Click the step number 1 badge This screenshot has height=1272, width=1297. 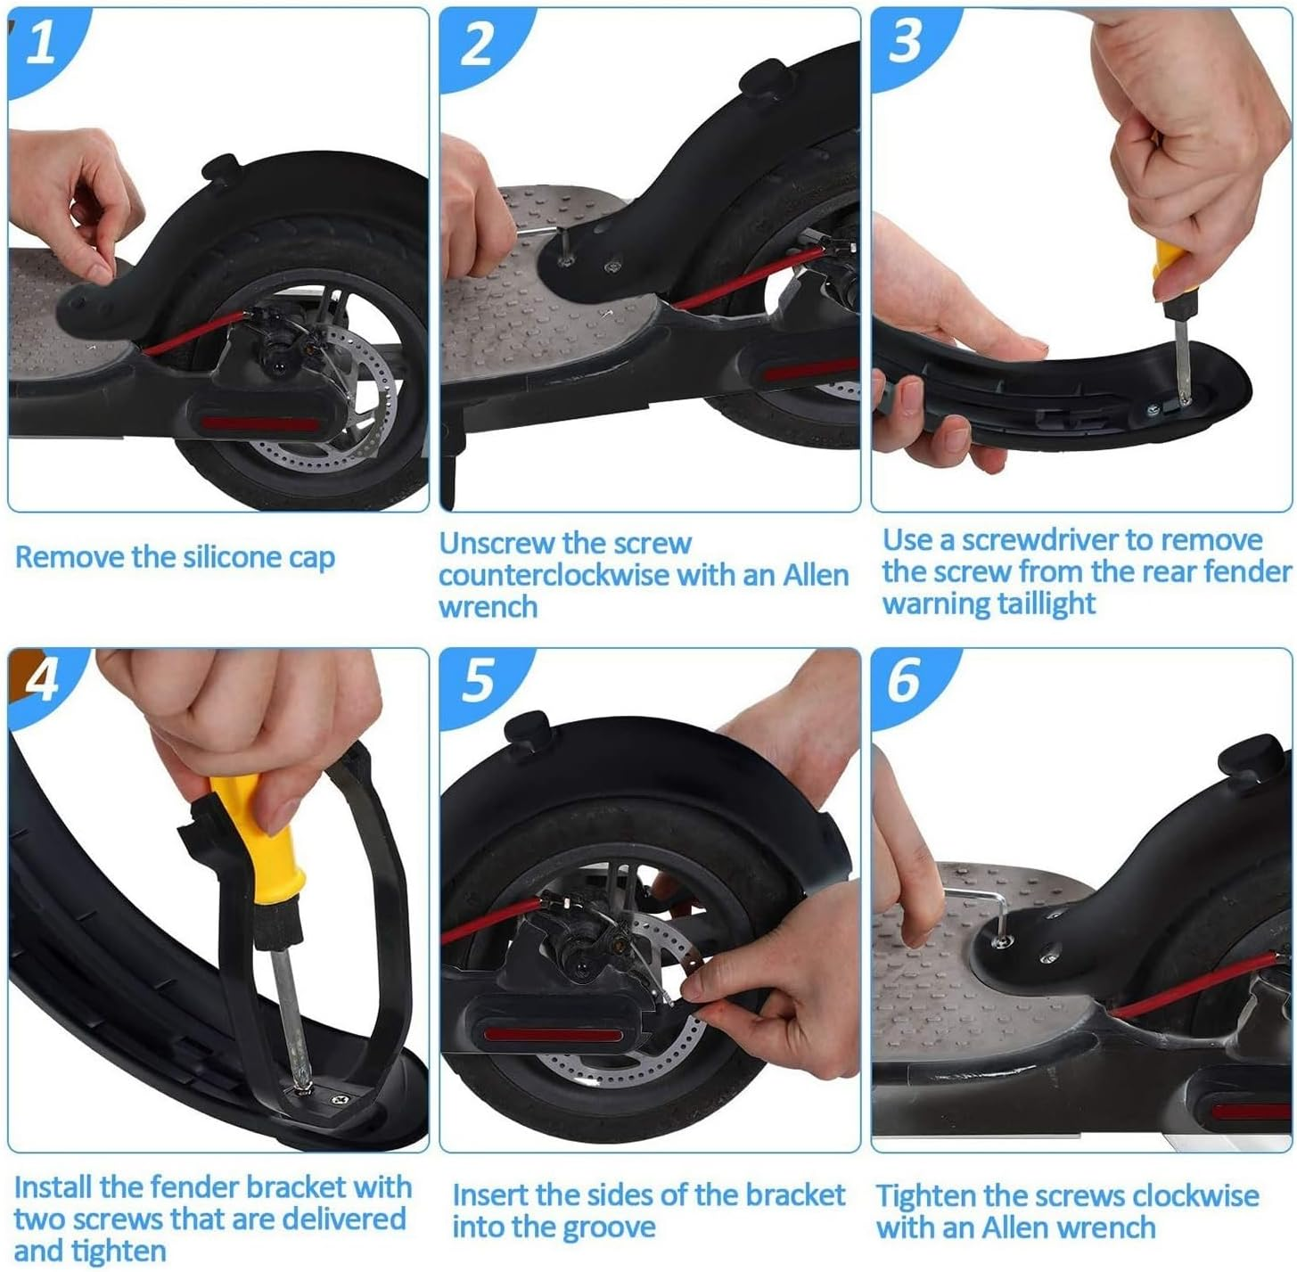click(40, 42)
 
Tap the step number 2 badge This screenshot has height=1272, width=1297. click(477, 42)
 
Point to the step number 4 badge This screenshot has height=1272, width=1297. click(40, 679)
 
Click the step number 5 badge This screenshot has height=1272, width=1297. click(477, 679)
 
